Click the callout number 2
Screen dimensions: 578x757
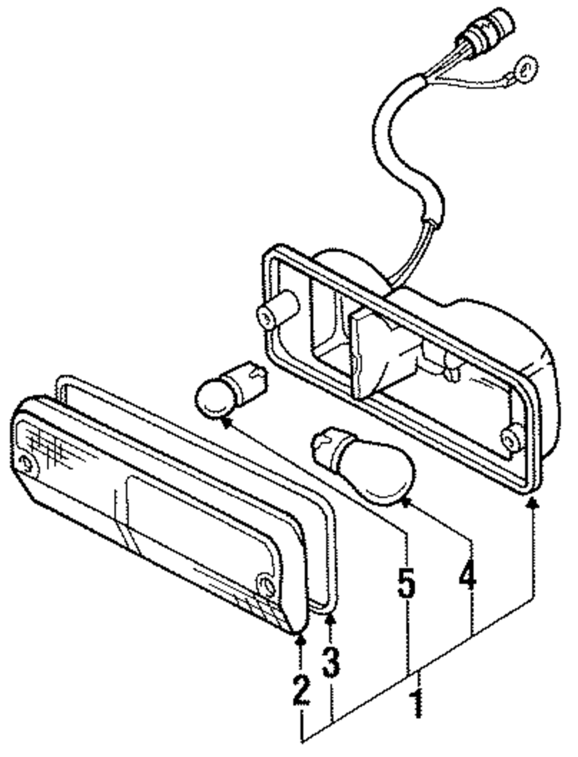click(301, 689)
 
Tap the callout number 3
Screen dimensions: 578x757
click(331, 662)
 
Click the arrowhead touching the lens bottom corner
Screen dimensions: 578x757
click(301, 641)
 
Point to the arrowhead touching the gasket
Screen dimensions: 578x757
click(331, 620)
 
